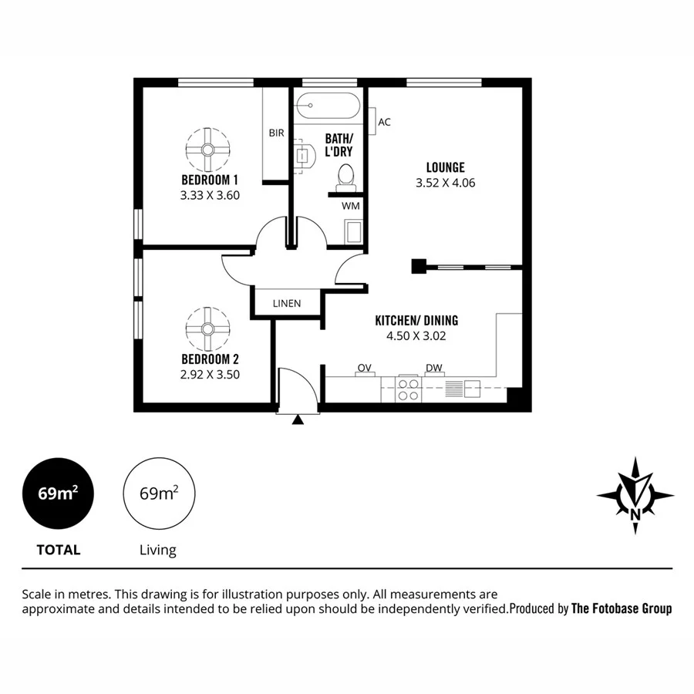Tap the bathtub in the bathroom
pyautogui.click(x=328, y=105)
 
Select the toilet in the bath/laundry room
pyautogui.click(x=345, y=177)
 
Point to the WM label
pyautogui.click(x=350, y=206)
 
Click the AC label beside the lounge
pyautogui.click(x=385, y=122)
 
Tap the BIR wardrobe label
pyautogui.click(x=276, y=133)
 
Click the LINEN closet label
pyautogui.click(x=287, y=303)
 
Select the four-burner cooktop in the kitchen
pyautogui.click(x=408, y=389)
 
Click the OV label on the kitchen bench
pyautogui.click(x=365, y=367)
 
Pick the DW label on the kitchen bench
pyautogui.click(x=433, y=367)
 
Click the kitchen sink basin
pyautogui.click(x=472, y=389)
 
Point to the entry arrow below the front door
pyautogui.click(x=297, y=420)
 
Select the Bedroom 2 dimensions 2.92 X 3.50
pyautogui.click(x=210, y=375)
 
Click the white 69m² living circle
pyautogui.click(x=159, y=494)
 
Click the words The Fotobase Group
pyautogui.click(x=621, y=608)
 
